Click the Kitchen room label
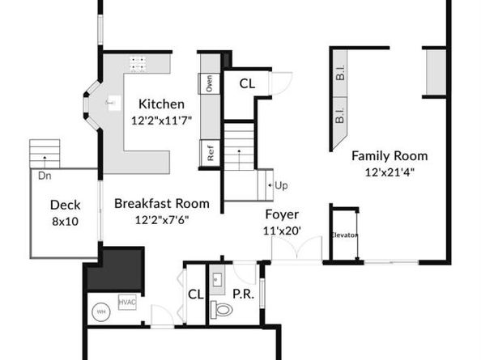(161, 104)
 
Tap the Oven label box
(209, 83)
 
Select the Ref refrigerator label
(210, 153)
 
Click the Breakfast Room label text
(161, 204)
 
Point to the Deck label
(64, 205)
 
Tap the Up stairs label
(281, 185)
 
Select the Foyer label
(283, 215)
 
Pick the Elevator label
(343, 235)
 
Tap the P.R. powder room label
(244, 294)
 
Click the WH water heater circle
(102, 310)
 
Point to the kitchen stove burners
(138, 63)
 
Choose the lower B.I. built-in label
(340, 116)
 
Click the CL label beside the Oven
(247, 83)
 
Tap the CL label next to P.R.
(195, 294)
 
